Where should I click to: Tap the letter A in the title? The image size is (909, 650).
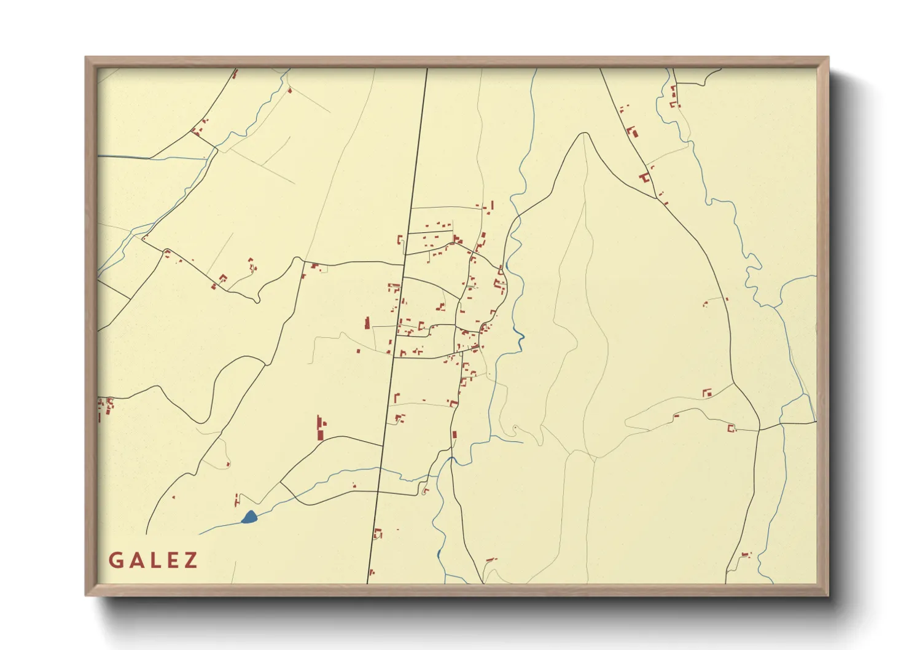coord(136,560)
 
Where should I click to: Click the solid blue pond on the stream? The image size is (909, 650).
coord(249,517)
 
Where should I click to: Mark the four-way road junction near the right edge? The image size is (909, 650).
coord(760,428)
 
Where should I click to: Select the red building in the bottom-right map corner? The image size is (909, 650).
coord(746,555)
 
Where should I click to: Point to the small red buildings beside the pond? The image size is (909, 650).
coord(237,499)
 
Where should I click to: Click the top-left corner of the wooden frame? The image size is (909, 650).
coord(86,58)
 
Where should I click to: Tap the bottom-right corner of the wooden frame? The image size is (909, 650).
coord(828,595)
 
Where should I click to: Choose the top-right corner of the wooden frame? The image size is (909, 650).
coord(828,58)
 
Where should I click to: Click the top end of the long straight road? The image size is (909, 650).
coord(427,69)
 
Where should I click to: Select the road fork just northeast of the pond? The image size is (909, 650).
coord(281,483)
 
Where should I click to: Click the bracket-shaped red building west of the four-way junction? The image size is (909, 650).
coord(731,428)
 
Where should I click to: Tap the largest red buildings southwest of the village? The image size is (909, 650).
coord(321,428)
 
